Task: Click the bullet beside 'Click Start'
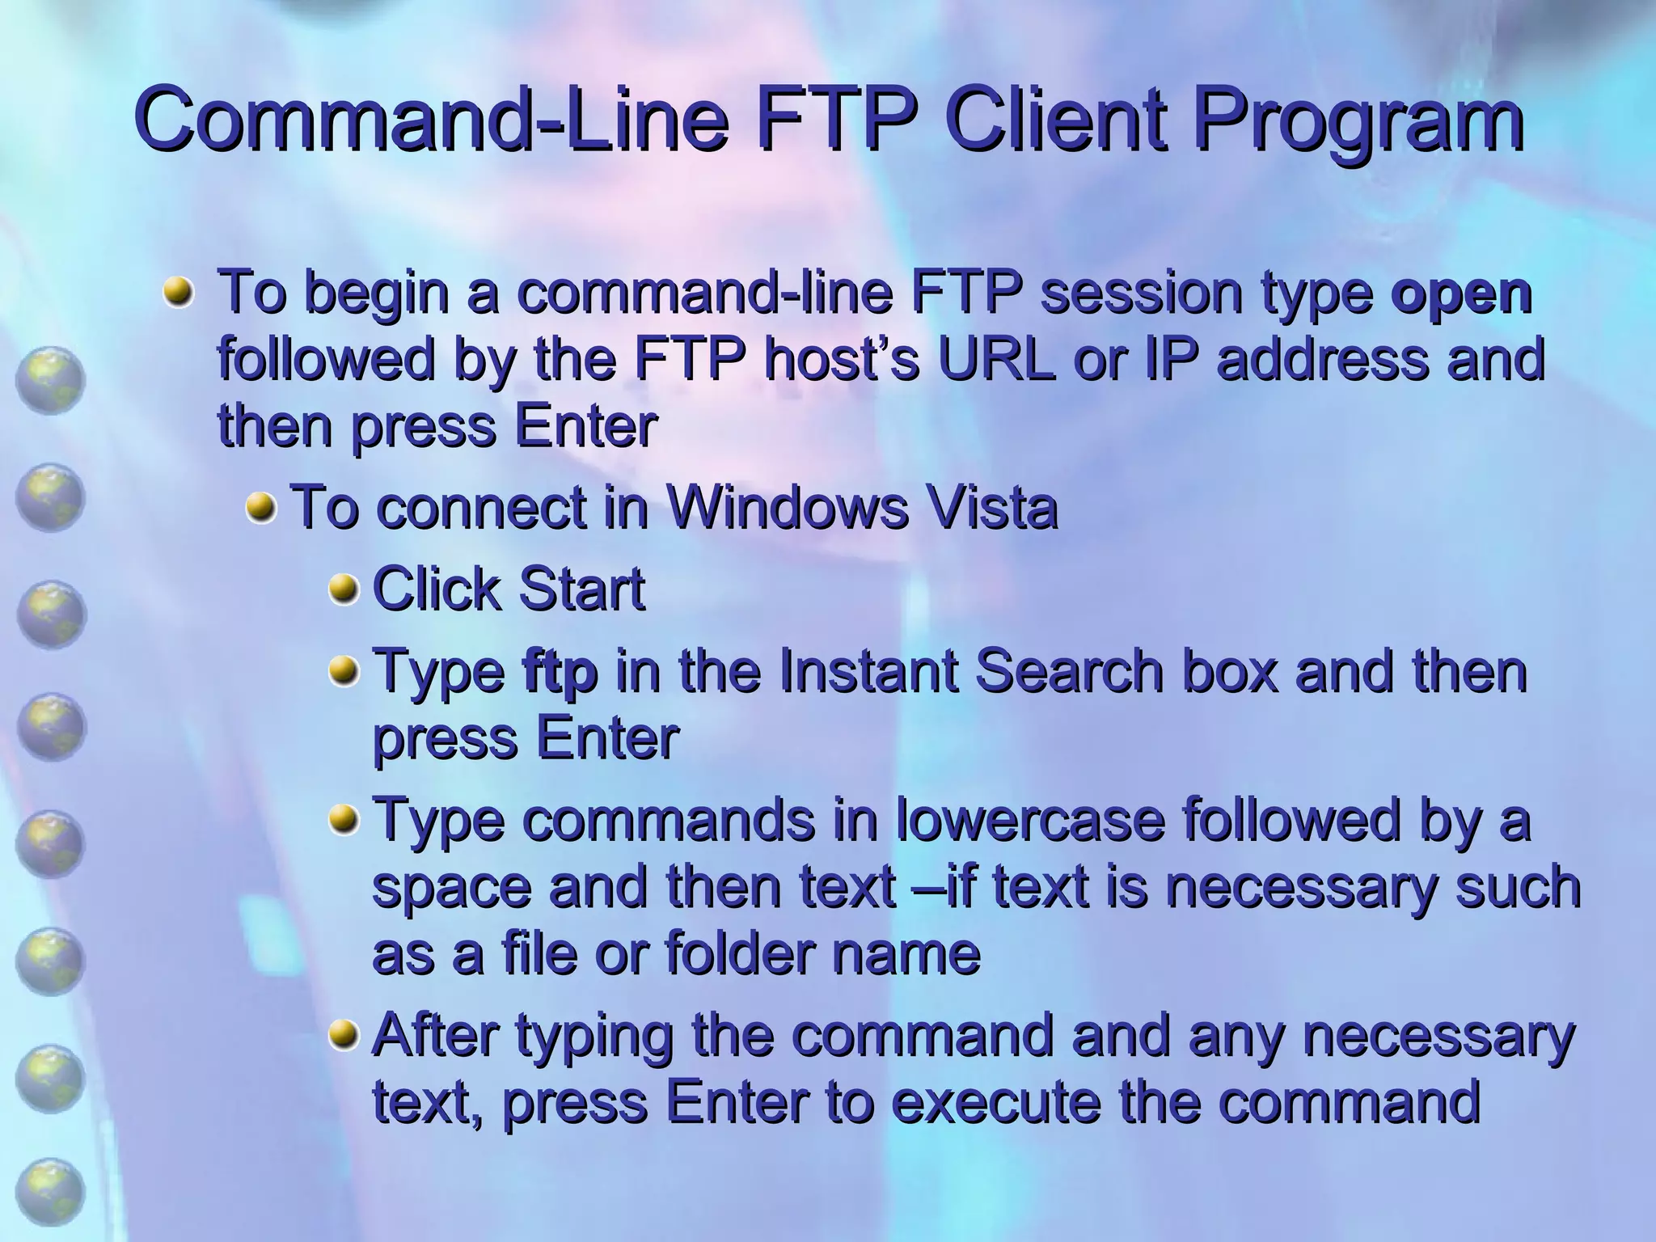click(x=343, y=589)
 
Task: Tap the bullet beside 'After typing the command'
click(x=343, y=1035)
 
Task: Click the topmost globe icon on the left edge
click(x=50, y=380)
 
